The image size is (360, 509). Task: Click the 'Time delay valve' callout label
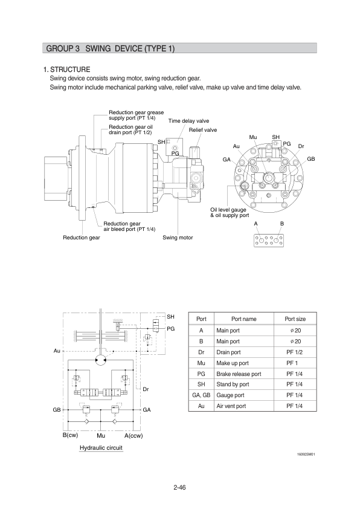[188, 121]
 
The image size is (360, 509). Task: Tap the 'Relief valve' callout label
[203, 130]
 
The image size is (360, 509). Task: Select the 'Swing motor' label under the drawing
[178, 238]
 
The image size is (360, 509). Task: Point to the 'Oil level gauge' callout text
[228, 210]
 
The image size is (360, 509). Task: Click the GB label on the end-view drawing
[311, 159]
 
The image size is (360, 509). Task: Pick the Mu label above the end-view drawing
[253, 137]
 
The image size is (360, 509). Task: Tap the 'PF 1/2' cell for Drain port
[295, 352]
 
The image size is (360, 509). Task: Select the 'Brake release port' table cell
[239, 374]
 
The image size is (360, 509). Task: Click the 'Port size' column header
[295, 319]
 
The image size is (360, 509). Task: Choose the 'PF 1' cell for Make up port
[292, 363]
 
